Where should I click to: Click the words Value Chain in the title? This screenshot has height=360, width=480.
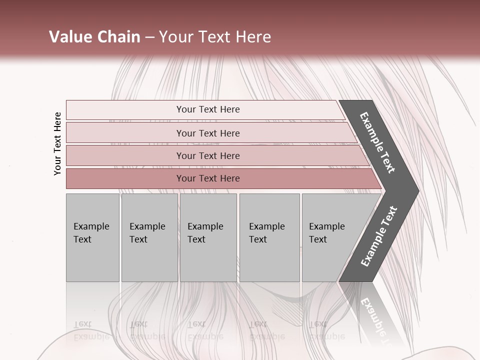pyautogui.click(x=94, y=37)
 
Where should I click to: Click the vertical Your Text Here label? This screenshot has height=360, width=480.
pyautogui.click(x=57, y=143)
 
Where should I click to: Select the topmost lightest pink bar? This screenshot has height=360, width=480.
pyautogui.click(x=125, y=109)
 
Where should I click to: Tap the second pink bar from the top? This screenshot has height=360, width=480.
pyautogui.click(x=125, y=133)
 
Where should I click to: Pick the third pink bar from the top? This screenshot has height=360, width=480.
pyautogui.click(x=125, y=155)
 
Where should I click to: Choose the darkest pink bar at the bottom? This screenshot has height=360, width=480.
pyautogui.click(x=125, y=178)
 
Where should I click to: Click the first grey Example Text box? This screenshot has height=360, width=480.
pyautogui.click(x=92, y=237)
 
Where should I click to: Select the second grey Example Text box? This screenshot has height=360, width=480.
pyautogui.click(x=149, y=237)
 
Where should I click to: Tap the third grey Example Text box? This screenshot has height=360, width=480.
pyautogui.click(x=208, y=237)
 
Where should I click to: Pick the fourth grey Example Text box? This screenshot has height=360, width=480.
pyautogui.click(x=269, y=237)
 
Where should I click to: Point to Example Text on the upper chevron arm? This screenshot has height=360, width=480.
pyautogui.click(x=377, y=142)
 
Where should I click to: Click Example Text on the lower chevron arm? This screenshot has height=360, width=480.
pyautogui.click(x=378, y=236)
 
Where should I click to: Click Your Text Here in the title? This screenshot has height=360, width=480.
pyautogui.click(x=215, y=37)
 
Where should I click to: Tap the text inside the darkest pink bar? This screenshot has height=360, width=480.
pyautogui.click(x=208, y=178)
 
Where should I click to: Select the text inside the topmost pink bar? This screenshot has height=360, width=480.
pyautogui.click(x=208, y=109)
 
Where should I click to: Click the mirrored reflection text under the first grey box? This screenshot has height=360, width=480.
pyautogui.click(x=91, y=330)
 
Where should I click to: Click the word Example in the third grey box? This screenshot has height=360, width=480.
pyautogui.click(x=205, y=226)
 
